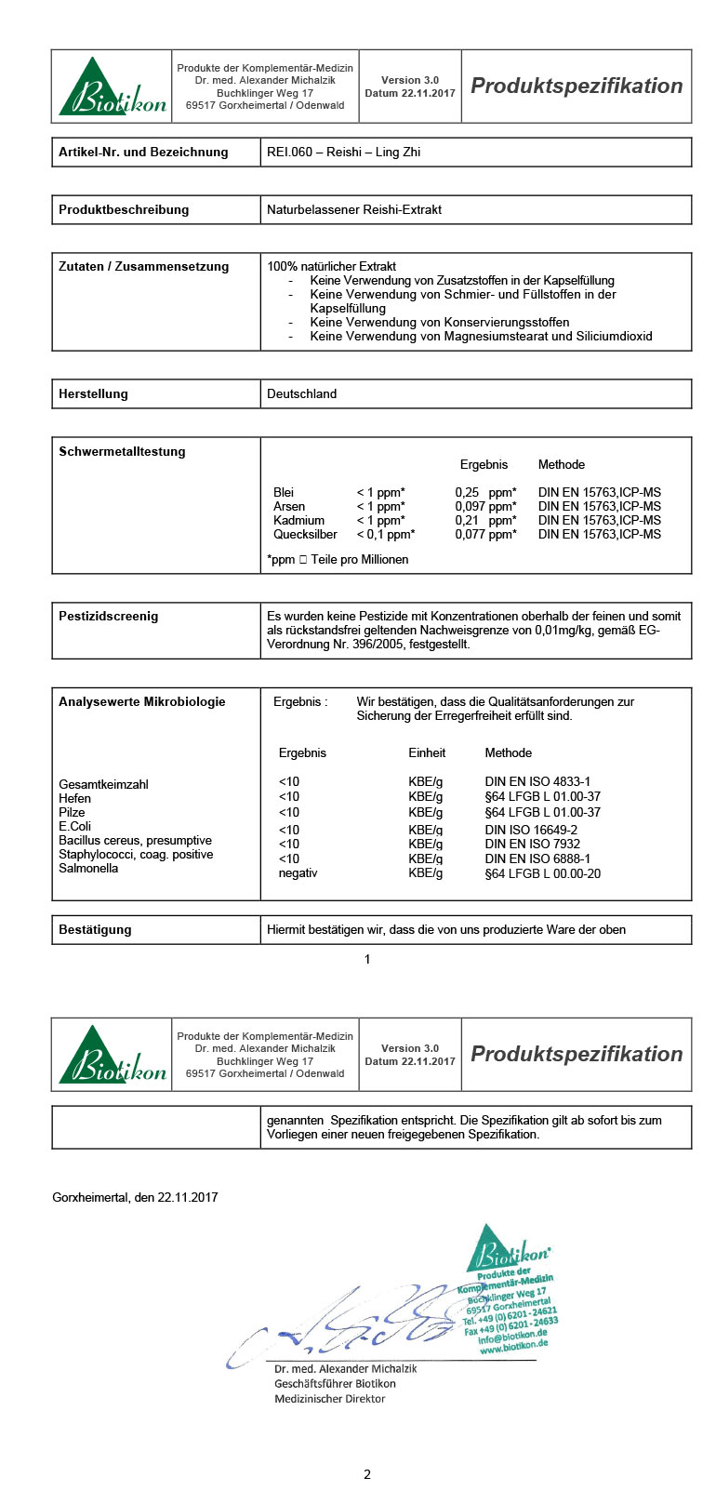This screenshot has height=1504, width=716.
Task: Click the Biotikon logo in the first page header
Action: tap(113, 87)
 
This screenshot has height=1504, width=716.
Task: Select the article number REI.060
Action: tap(289, 153)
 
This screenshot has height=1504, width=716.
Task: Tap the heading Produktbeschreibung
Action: tap(124, 210)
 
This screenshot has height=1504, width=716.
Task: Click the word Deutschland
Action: tap(301, 394)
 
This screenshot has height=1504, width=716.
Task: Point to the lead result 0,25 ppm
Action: tap(485, 493)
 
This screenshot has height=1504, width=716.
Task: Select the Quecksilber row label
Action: tap(305, 535)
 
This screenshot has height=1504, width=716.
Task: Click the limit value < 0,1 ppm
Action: tap(385, 535)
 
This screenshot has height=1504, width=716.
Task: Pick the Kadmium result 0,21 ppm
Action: tap(485, 521)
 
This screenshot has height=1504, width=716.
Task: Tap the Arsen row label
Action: tap(289, 507)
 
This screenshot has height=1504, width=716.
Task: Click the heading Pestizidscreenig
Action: tap(109, 617)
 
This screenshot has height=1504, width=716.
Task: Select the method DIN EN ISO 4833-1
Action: tap(537, 782)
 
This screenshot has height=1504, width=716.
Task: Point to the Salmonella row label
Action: tap(88, 869)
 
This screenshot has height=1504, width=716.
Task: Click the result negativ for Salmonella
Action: tap(298, 873)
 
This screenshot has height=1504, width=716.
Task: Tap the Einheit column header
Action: tap(427, 753)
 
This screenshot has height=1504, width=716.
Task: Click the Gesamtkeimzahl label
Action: tap(103, 785)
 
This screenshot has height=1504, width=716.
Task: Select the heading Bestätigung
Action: tap(95, 930)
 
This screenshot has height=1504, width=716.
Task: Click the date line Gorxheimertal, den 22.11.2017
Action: tap(135, 1198)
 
